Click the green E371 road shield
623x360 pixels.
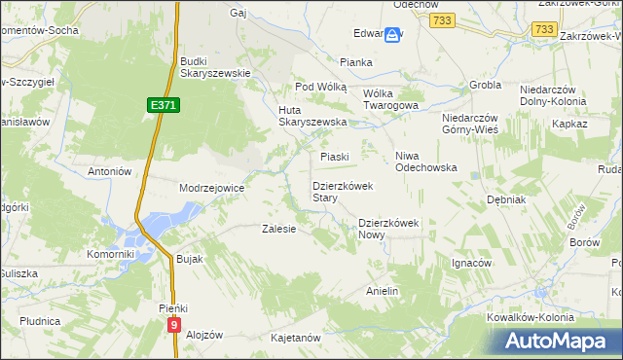click(165, 104)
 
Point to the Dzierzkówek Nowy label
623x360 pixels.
click(387, 228)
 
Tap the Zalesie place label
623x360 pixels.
click(278, 229)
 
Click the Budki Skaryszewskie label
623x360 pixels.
click(215, 67)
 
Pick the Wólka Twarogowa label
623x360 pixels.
click(389, 100)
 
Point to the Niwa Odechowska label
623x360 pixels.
click(425, 162)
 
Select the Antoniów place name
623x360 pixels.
click(109, 171)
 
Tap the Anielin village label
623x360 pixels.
click(383, 291)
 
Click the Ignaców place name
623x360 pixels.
click(471, 263)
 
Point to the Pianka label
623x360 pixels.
click(356, 62)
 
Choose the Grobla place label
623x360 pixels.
click(484, 85)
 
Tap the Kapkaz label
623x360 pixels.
click(570, 125)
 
